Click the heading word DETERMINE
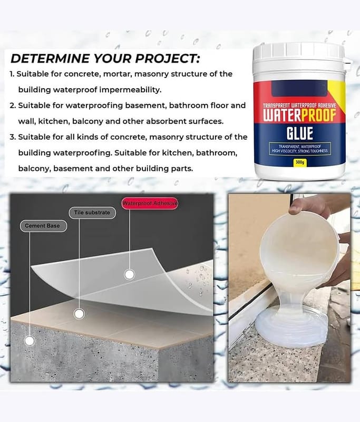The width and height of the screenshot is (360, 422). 50,59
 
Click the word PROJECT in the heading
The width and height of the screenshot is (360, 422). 167,59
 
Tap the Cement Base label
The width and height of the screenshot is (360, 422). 43,226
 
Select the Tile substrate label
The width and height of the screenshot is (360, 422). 92,213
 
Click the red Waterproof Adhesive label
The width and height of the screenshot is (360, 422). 150,203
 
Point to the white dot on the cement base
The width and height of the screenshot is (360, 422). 30,341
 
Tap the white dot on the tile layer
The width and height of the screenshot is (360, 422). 79,313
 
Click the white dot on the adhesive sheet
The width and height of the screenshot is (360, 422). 130,274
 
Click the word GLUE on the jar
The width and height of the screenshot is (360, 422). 300,133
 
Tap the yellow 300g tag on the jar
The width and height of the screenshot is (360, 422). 300,162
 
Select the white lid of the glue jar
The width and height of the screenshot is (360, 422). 299,53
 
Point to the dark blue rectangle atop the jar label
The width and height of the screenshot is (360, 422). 299,89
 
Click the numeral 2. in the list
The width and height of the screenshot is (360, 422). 13,105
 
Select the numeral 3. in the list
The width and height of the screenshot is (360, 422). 13,137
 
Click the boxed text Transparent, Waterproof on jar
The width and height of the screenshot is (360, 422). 299,147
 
